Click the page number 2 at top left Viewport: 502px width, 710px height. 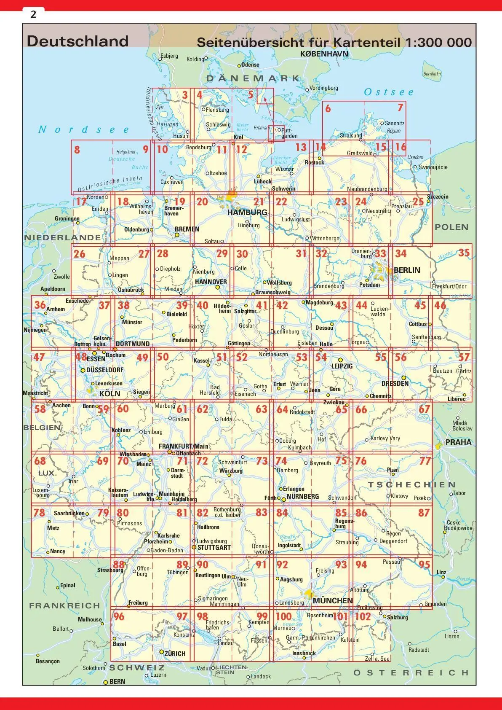[33, 14]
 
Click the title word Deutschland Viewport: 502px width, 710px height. [77, 41]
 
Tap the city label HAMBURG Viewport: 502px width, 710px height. [247, 212]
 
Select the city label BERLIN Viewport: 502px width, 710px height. [407, 270]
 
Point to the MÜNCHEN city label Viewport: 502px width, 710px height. [333, 600]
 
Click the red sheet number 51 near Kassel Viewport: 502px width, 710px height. [222, 358]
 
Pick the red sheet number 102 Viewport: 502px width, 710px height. [363, 616]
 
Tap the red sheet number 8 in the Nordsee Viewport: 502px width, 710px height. [77, 149]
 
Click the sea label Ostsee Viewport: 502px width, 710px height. [389, 92]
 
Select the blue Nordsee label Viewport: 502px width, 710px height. [83, 129]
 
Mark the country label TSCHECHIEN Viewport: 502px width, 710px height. [411, 484]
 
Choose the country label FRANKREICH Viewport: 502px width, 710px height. [64, 605]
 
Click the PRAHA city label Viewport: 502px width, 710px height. [458, 442]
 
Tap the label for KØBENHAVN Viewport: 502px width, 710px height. [324, 54]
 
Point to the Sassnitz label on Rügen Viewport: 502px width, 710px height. [395, 124]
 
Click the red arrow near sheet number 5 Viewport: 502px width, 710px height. [262, 98]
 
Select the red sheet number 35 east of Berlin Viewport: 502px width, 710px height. [464, 253]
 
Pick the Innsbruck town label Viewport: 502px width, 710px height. [304, 653]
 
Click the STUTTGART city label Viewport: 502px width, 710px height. [214, 547]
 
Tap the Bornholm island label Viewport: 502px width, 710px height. [432, 74]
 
